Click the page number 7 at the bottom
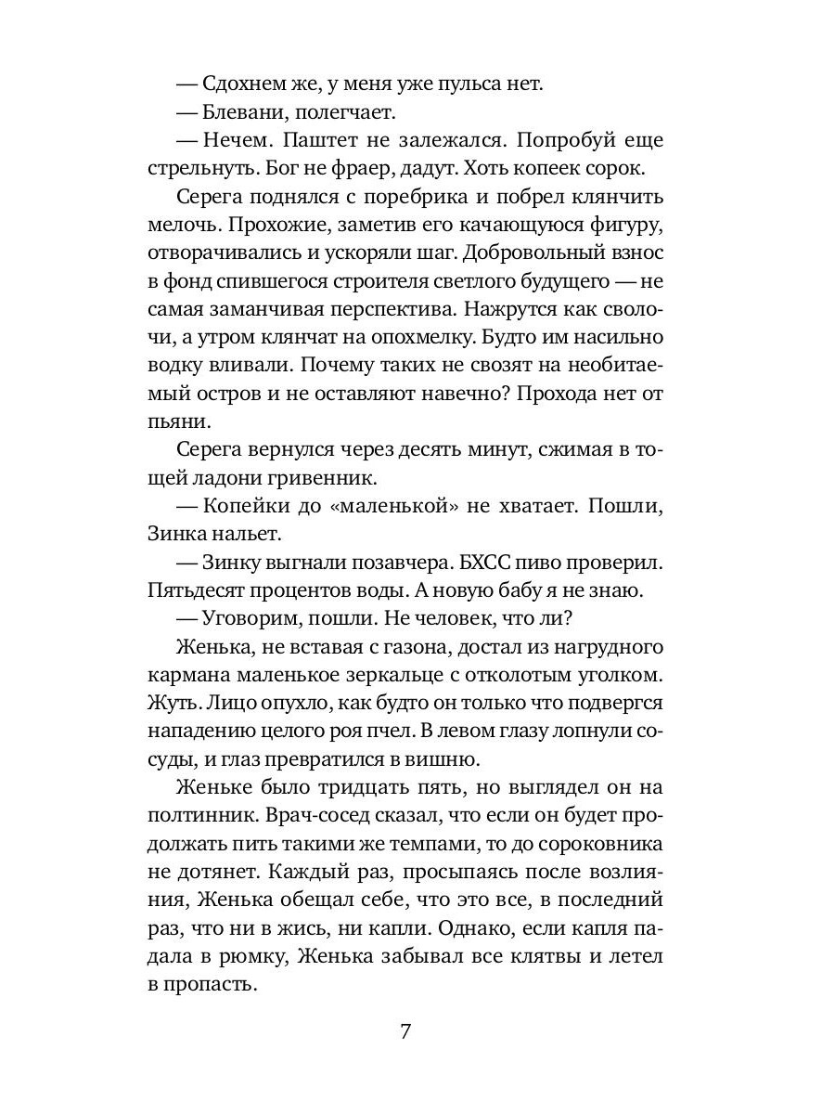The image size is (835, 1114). click(405, 1032)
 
